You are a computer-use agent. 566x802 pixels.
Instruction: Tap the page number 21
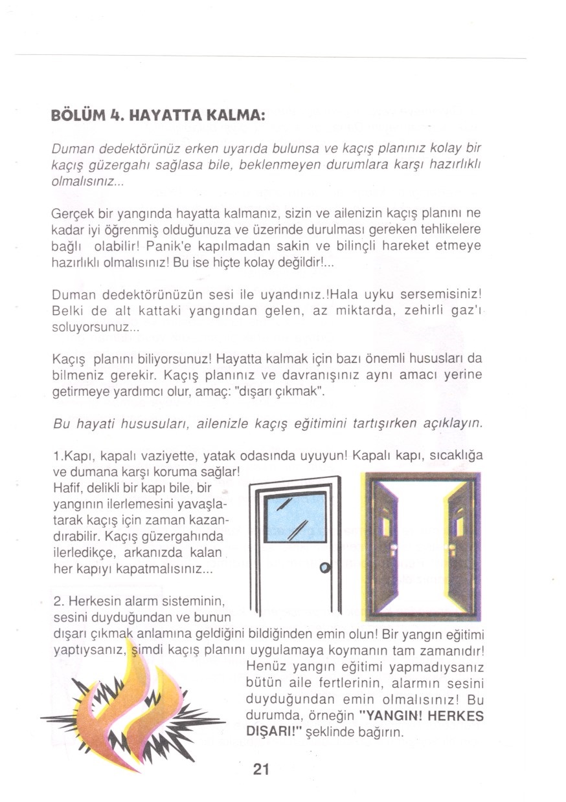pos(260,769)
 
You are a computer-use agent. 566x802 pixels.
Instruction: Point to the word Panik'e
pos(169,247)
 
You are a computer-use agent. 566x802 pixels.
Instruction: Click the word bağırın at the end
pos(381,733)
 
